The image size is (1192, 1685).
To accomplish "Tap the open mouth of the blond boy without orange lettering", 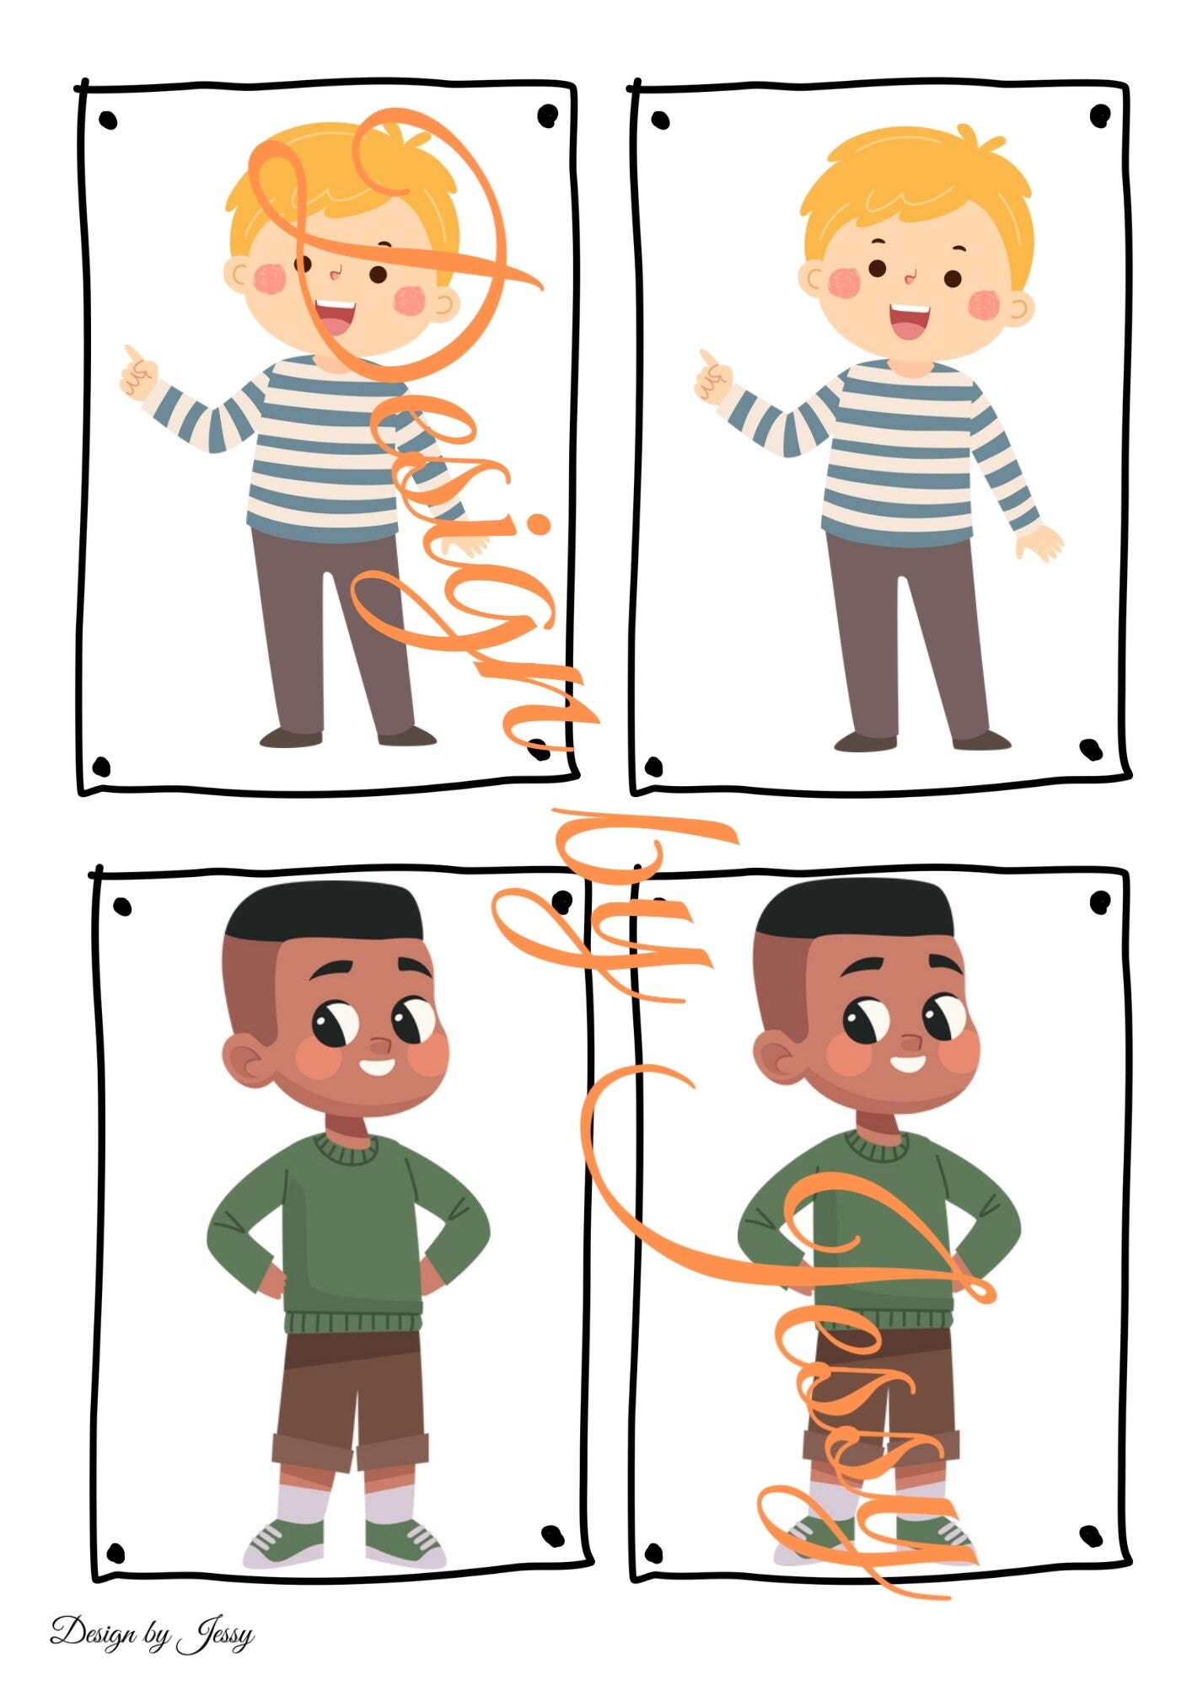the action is pyautogui.click(x=910, y=320).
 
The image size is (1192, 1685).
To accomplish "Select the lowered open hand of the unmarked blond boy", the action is pyautogui.click(x=1040, y=543).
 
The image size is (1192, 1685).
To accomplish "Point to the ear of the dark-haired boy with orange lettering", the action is pyautogui.click(x=776, y=1057).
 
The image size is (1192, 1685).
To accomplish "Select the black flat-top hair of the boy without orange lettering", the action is pyautogui.click(x=325, y=912).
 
